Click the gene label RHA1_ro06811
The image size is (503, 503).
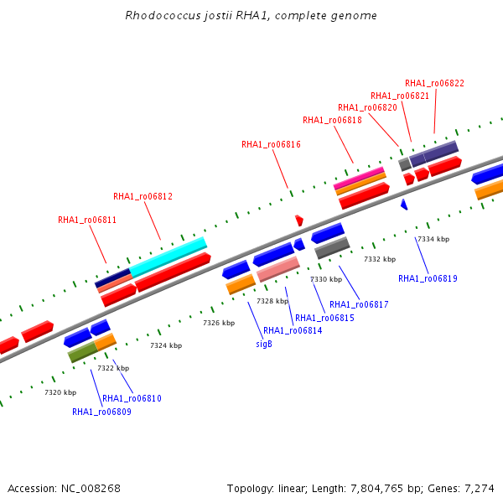87,220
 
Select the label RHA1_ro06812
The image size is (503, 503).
143,196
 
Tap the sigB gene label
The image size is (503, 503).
264,344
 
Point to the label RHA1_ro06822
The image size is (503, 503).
434,83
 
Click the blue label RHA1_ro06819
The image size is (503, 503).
428,278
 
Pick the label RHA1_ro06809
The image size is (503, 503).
101,412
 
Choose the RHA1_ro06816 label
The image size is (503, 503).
271,145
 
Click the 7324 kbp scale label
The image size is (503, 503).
166,345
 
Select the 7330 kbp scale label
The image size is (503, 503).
326,279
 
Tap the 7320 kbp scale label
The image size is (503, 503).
60,392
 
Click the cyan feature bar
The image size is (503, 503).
169,257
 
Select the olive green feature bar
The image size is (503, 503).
82,352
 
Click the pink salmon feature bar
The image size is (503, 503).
278,269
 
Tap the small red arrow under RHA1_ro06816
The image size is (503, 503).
299,220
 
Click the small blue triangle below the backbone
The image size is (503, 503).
404,205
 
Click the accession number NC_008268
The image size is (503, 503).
91,489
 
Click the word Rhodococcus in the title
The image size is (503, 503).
163,15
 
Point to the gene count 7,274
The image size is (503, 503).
480,489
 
